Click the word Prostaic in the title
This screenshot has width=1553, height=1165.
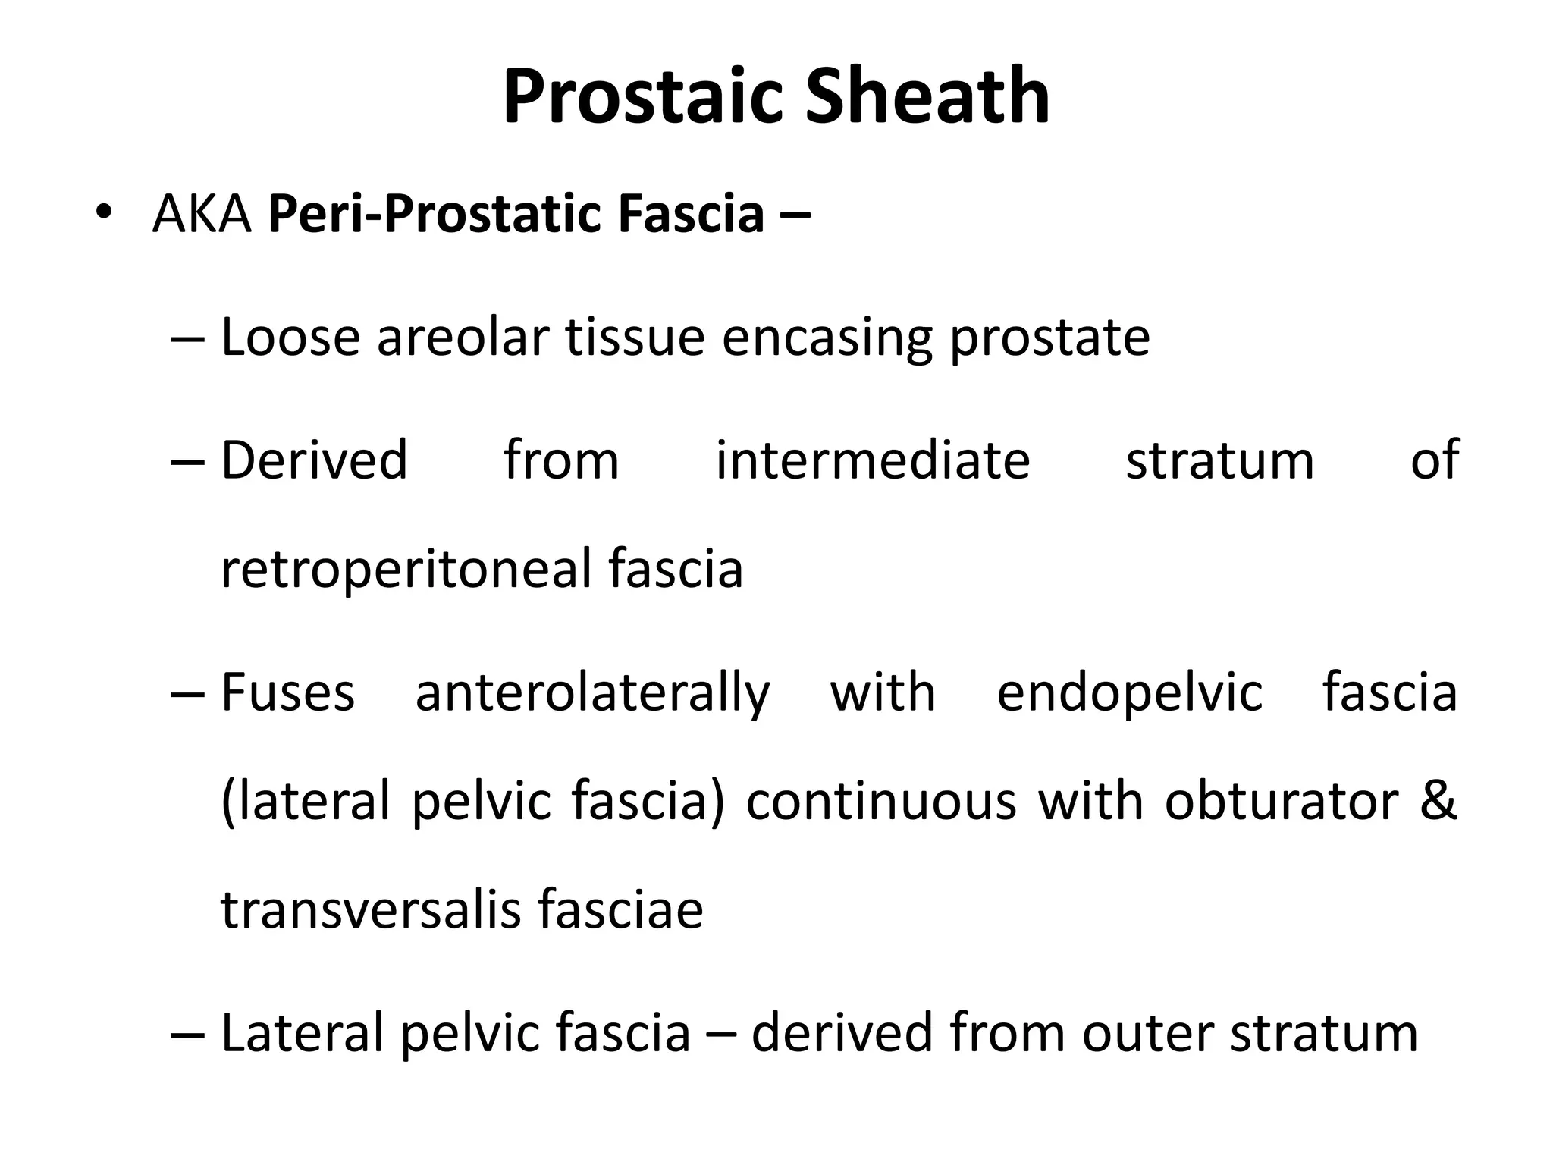(x=642, y=96)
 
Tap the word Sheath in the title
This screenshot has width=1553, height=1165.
(x=927, y=96)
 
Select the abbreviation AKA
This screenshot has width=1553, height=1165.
(x=202, y=214)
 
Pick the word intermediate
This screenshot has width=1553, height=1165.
(x=873, y=460)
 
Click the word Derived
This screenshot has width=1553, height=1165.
(x=314, y=460)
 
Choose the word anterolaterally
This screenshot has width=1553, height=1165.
(x=592, y=693)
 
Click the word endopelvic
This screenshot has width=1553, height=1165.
(x=1129, y=693)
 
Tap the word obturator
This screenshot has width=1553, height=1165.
(x=1281, y=801)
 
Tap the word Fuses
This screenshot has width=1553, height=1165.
(x=287, y=692)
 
